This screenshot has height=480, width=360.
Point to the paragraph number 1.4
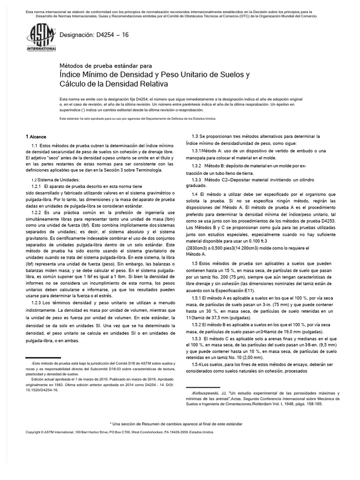click(195, 194)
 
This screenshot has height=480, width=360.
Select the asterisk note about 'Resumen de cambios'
click(176, 423)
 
